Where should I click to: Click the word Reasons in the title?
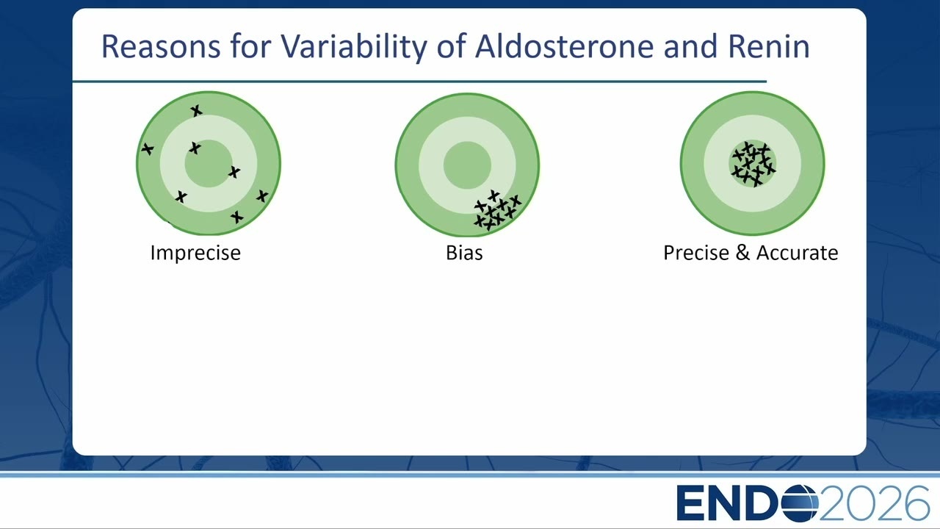[161, 46]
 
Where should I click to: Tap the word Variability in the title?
[353, 47]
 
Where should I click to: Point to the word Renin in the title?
[769, 46]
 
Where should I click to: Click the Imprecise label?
[195, 253]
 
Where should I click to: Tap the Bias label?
[464, 253]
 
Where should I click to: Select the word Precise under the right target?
[696, 253]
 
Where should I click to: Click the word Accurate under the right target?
[798, 253]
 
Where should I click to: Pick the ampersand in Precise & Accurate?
[742, 253]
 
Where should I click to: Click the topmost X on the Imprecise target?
[196, 111]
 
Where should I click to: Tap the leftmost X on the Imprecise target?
[148, 148]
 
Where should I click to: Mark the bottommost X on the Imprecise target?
[236, 217]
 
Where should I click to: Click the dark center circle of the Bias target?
[467, 165]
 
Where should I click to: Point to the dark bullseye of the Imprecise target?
[209, 163]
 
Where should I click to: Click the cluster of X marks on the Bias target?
[498, 211]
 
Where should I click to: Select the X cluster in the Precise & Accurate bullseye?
[753, 164]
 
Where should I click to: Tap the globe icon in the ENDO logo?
[800, 503]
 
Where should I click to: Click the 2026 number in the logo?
[875, 503]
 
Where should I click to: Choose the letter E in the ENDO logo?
[692, 503]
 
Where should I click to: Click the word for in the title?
[250, 46]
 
